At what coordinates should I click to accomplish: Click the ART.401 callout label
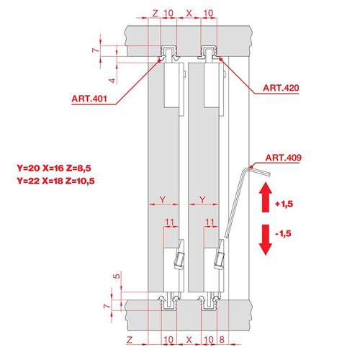tap(89, 99)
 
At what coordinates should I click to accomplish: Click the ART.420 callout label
tap(281, 88)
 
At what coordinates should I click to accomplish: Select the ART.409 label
tap(284, 158)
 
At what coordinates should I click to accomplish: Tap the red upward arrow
tap(266, 197)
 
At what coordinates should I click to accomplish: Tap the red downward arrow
tap(266, 240)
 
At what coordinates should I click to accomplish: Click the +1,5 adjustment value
tap(284, 204)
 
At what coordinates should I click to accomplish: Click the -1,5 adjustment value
tap(284, 233)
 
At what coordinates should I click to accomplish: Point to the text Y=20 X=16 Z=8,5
tap(54, 168)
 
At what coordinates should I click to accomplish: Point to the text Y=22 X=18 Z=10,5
tap(55, 181)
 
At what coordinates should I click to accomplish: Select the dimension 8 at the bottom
tap(222, 340)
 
